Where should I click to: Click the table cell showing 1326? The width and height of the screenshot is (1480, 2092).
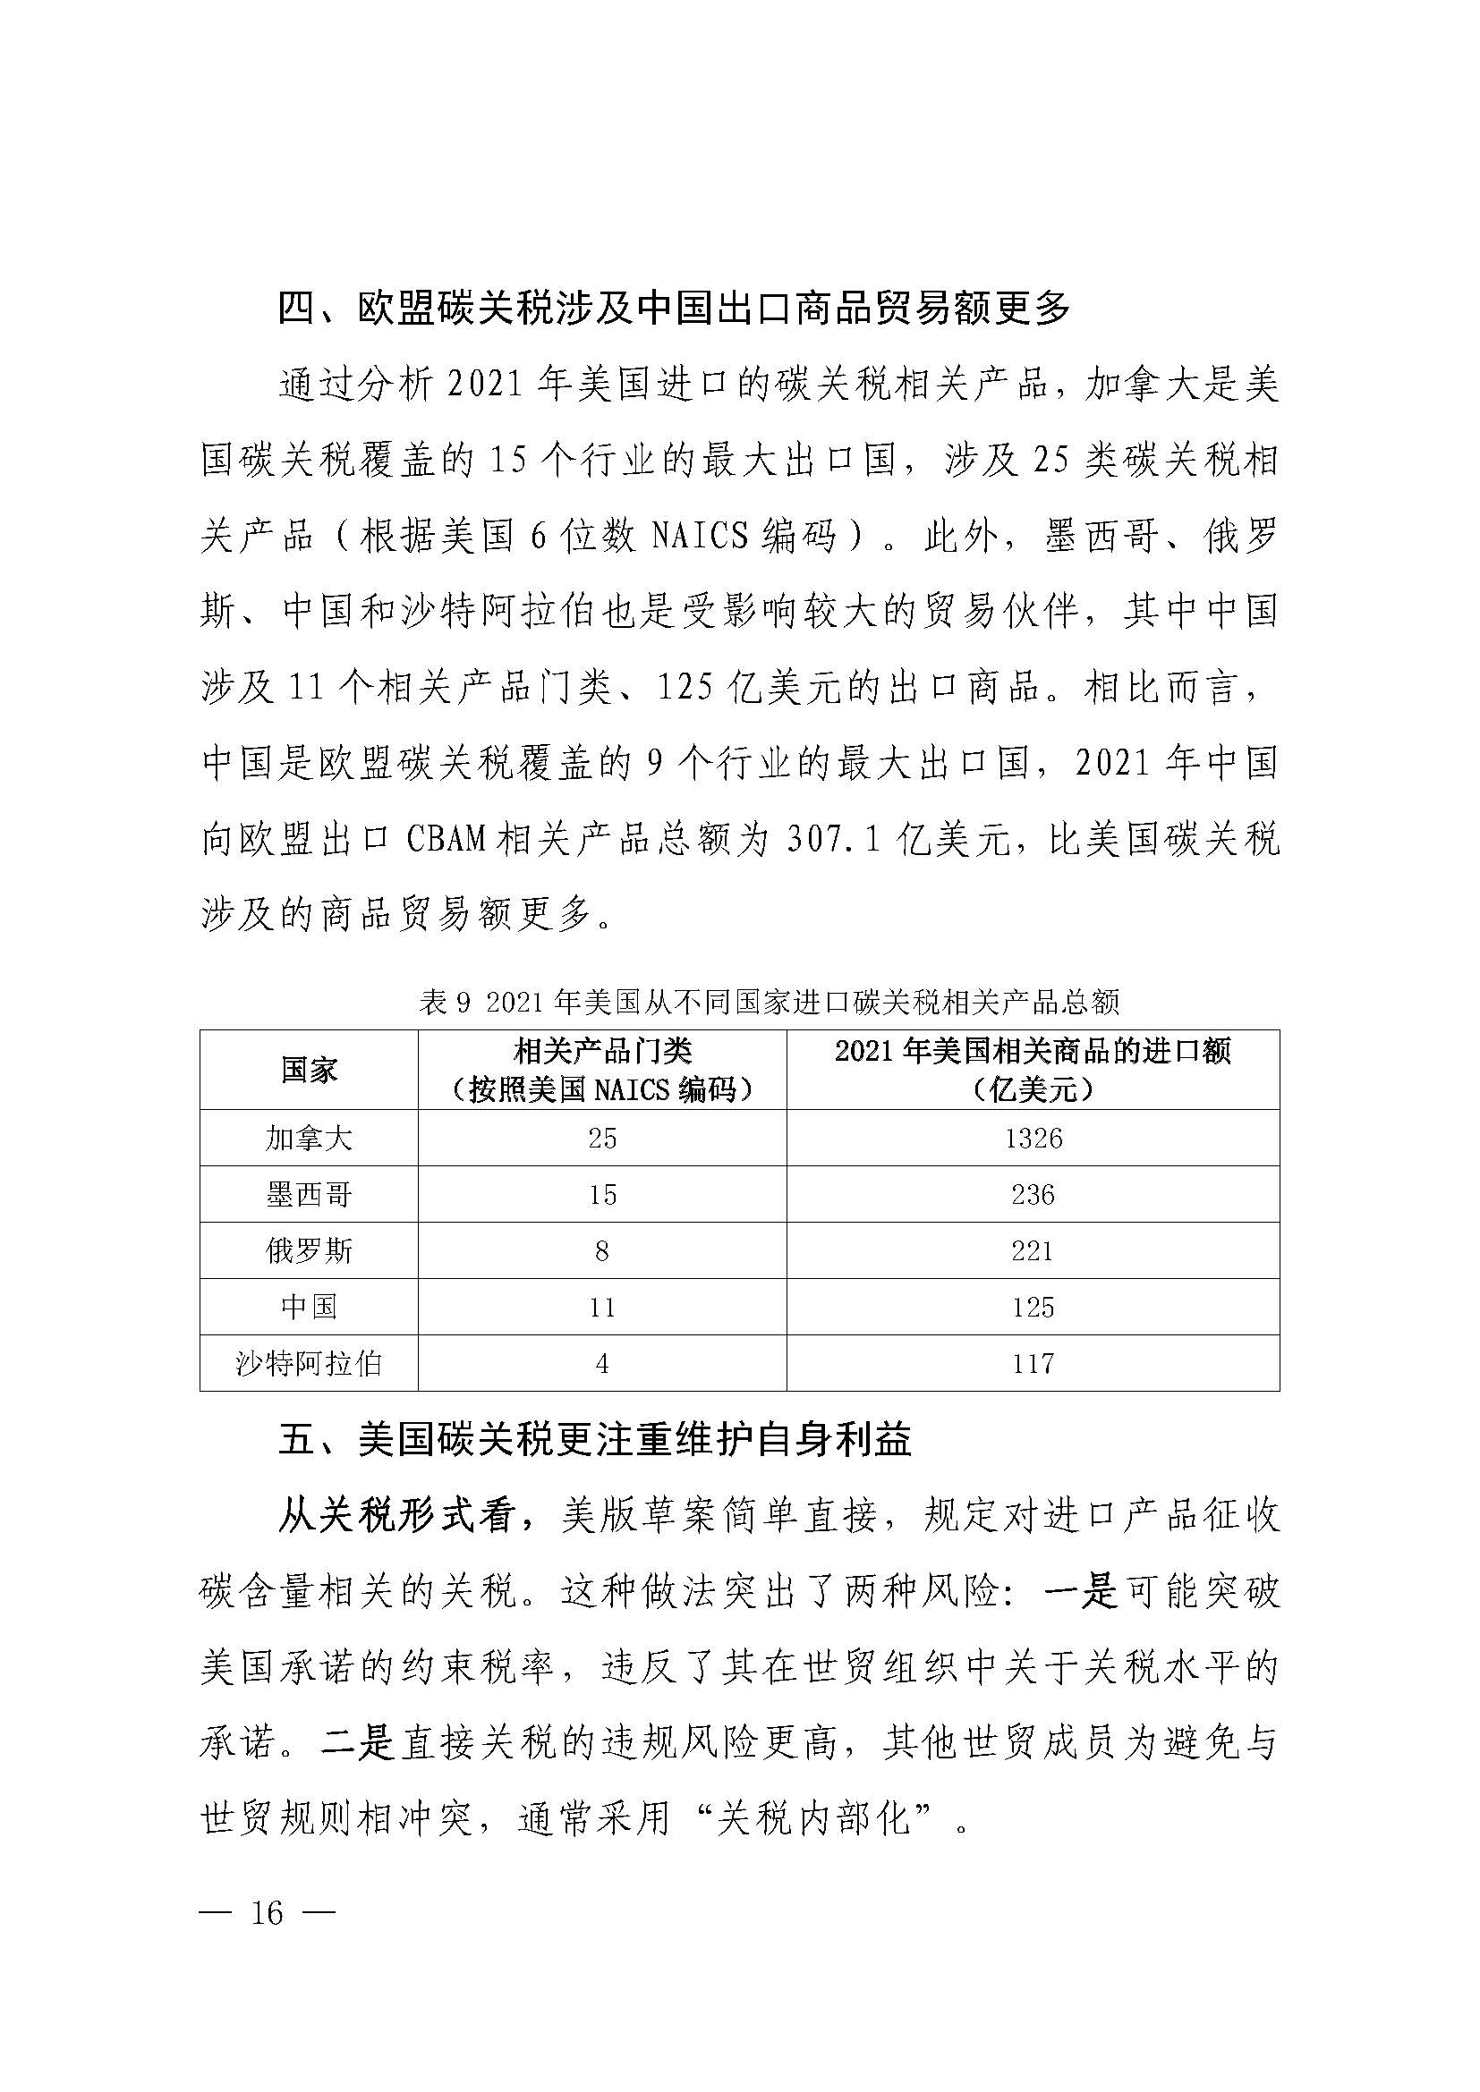(1033, 1138)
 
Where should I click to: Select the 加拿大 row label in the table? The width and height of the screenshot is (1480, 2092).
(308, 1138)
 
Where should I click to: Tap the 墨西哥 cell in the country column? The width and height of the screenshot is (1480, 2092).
(308, 1195)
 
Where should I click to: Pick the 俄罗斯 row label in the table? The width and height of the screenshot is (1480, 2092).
(308, 1251)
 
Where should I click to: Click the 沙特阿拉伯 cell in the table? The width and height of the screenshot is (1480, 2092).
(308, 1364)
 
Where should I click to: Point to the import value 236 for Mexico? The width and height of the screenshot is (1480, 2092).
(1033, 1195)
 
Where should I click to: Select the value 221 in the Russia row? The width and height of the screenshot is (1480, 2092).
(1033, 1251)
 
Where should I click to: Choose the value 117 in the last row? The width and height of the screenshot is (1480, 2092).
(1033, 1364)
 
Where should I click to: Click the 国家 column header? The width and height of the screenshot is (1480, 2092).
(308, 1070)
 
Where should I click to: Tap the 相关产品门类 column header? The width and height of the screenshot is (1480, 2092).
(602, 1054)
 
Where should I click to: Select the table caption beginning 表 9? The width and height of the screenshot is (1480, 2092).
(768, 1004)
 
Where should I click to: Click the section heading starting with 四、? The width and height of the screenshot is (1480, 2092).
(674, 309)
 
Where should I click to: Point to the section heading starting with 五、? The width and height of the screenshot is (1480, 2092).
(594, 1442)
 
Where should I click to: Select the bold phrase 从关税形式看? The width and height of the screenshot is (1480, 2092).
(397, 1517)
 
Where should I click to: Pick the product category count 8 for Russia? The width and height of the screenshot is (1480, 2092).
(601, 1251)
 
